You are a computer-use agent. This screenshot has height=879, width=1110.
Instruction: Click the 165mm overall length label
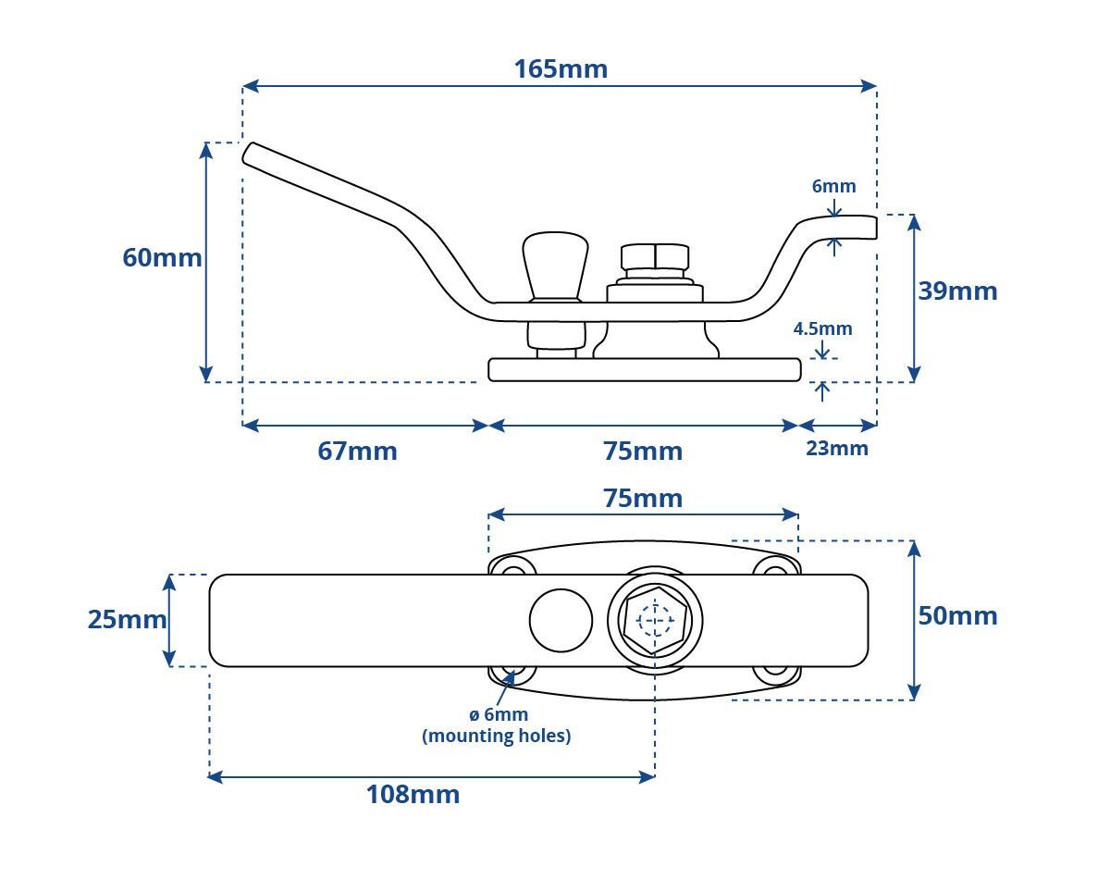pos(561,69)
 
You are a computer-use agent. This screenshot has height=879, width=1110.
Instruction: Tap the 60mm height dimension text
pos(162,257)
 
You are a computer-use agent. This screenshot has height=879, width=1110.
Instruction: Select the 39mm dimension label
pos(957,291)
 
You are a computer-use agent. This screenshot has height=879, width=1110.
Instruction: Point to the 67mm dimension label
pos(357,452)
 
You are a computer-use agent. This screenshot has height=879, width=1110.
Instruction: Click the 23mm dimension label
pos(836,449)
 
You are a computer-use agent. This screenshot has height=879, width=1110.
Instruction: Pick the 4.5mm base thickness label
pos(822,328)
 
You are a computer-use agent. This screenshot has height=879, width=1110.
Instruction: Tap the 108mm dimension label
pos(413,795)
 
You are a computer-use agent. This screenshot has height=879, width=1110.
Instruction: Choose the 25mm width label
pos(127,619)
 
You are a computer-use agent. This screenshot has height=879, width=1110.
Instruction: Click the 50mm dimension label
pos(957,616)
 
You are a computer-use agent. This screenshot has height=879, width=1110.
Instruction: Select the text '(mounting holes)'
pos(496,736)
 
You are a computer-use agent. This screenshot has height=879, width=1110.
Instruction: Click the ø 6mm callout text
pos(499,714)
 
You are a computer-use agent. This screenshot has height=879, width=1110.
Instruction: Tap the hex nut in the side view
pos(655,256)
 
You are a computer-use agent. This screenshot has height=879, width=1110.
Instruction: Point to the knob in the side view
pos(555,266)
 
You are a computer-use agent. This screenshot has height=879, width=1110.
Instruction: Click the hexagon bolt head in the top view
pos(655,620)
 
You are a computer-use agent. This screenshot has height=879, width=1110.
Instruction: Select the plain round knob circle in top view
pos(561,621)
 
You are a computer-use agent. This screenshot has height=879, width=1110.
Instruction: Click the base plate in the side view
pos(644,370)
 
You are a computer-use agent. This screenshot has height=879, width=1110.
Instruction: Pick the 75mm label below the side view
pos(643,452)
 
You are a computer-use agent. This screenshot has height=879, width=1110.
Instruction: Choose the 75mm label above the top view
pos(643,499)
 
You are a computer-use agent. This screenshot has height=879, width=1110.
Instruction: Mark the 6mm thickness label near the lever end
pos(833,186)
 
